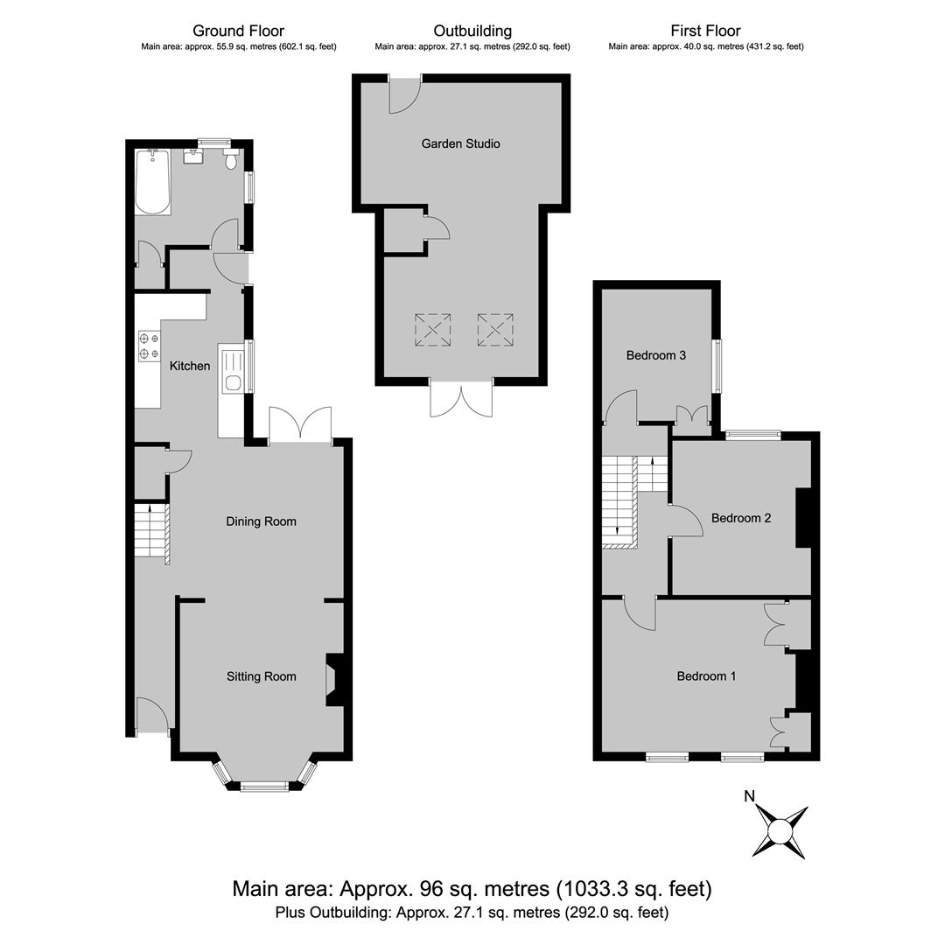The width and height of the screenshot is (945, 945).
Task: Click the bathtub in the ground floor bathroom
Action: [x=152, y=182]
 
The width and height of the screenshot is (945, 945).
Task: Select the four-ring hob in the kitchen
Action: [x=150, y=346]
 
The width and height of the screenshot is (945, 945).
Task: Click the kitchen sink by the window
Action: [x=232, y=371]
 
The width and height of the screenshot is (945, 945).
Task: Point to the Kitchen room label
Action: [x=190, y=366]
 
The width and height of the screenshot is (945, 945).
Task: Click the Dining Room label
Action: [x=261, y=521]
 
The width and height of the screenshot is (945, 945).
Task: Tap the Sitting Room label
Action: [x=261, y=676]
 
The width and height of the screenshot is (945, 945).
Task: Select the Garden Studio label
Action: [x=460, y=143]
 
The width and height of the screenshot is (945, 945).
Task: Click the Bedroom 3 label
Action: [x=655, y=355]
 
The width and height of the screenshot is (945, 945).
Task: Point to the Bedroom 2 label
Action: [x=741, y=518]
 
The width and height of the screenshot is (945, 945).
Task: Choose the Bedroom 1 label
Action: [x=706, y=676]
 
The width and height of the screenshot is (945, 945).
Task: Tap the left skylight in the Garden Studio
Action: [x=433, y=330]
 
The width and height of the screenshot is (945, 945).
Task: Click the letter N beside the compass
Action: [x=749, y=796]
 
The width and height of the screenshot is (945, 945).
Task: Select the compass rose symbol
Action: [x=780, y=832]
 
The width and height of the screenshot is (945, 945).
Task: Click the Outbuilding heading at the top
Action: [x=472, y=31]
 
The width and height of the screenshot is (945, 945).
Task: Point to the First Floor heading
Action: [x=706, y=31]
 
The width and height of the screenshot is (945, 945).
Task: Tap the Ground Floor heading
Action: [x=238, y=31]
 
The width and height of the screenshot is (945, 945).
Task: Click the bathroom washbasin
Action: [x=192, y=156]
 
